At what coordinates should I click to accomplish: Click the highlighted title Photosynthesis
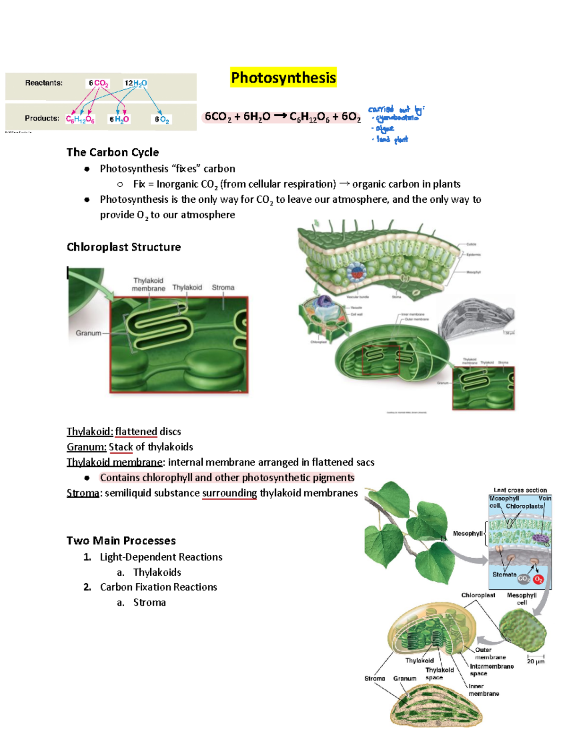pos(283,78)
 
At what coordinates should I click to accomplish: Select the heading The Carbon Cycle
pos(112,152)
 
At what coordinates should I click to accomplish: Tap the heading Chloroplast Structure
pos(123,247)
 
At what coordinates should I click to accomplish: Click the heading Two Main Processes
pos(121,541)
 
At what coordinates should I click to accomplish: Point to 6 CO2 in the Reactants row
pos(98,83)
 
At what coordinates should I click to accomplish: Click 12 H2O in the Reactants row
pos(135,83)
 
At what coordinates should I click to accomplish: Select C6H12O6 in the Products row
pos(80,119)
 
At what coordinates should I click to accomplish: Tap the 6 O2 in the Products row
pos(162,120)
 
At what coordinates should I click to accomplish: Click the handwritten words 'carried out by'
pos(395,110)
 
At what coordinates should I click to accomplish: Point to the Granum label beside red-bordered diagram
pos(88,333)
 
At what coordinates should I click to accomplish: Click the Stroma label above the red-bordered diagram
pos(223,287)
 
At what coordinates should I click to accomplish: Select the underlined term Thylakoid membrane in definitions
pos(115,462)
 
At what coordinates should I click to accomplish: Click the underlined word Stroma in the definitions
pos(83,493)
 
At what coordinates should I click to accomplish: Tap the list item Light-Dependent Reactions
pos(161,557)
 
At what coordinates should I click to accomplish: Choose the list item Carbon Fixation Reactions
pos(158,587)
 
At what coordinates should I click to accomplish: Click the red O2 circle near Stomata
pos(538,579)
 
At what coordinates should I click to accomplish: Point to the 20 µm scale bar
pos(536,658)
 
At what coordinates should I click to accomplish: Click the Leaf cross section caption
pos(520,490)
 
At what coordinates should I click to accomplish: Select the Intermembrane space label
pos(491,670)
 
